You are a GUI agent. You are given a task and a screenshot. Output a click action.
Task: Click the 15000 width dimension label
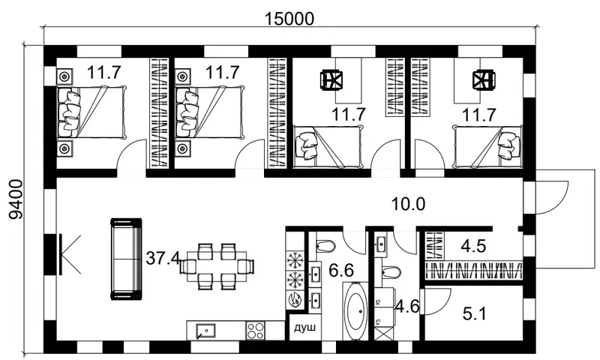click(x=289, y=19)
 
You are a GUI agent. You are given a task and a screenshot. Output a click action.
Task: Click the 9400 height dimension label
click(x=16, y=199)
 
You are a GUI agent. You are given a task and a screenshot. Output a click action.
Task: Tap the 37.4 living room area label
click(x=163, y=259)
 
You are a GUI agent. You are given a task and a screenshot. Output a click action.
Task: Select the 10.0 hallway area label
click(x=408, y=204)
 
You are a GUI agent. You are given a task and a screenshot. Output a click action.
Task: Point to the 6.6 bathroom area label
click(x=341, y=271)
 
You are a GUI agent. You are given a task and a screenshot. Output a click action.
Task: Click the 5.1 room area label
click(x=474, y=314)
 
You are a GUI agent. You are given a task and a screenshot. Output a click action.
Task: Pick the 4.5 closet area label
click(x=473, y=247)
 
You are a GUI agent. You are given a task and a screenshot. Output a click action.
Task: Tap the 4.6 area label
click(x=407, y=307)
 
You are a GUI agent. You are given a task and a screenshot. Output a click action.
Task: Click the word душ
click(x=304, y=328)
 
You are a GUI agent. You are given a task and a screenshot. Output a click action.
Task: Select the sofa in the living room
click(x=126, y=259)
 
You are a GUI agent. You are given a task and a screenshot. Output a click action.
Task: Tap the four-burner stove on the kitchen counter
click(x=255, y=330)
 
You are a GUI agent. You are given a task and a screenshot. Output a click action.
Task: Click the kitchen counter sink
click(x=205, y=331)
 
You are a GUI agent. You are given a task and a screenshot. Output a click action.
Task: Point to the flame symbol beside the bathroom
click(x=295, y=299)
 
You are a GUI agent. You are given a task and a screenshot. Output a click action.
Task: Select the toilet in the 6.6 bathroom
click(x=325, y=245)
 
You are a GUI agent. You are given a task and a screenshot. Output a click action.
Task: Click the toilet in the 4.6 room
click(x=391, y=272)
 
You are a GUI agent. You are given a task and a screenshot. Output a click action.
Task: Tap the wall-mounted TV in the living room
click(x=61, y=254)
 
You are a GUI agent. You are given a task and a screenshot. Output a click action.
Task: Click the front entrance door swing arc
click(x=553, y=199)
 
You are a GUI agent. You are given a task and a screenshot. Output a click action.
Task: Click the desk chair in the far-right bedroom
click(x=483, y=81)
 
